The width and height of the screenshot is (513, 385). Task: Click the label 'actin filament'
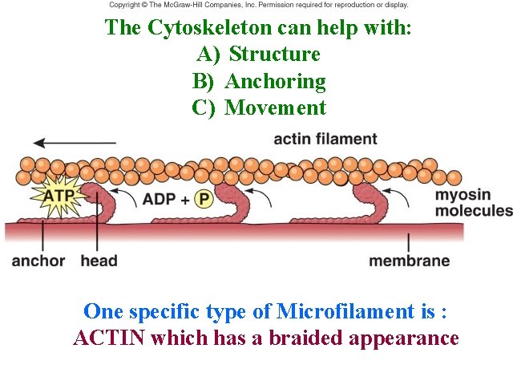(325, 139)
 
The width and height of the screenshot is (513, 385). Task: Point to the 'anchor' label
(38, 261)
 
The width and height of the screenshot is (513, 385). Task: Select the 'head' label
(99, 261)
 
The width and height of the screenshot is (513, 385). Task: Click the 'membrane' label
(409, 261)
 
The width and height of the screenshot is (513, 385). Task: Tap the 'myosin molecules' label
(473, 203)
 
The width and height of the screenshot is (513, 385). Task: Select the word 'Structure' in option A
(274, 55)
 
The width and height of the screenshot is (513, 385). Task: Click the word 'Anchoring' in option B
(275, 81)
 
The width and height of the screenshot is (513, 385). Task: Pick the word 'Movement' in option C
(275, 107)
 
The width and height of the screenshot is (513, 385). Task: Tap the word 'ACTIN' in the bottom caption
(108, 338)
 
